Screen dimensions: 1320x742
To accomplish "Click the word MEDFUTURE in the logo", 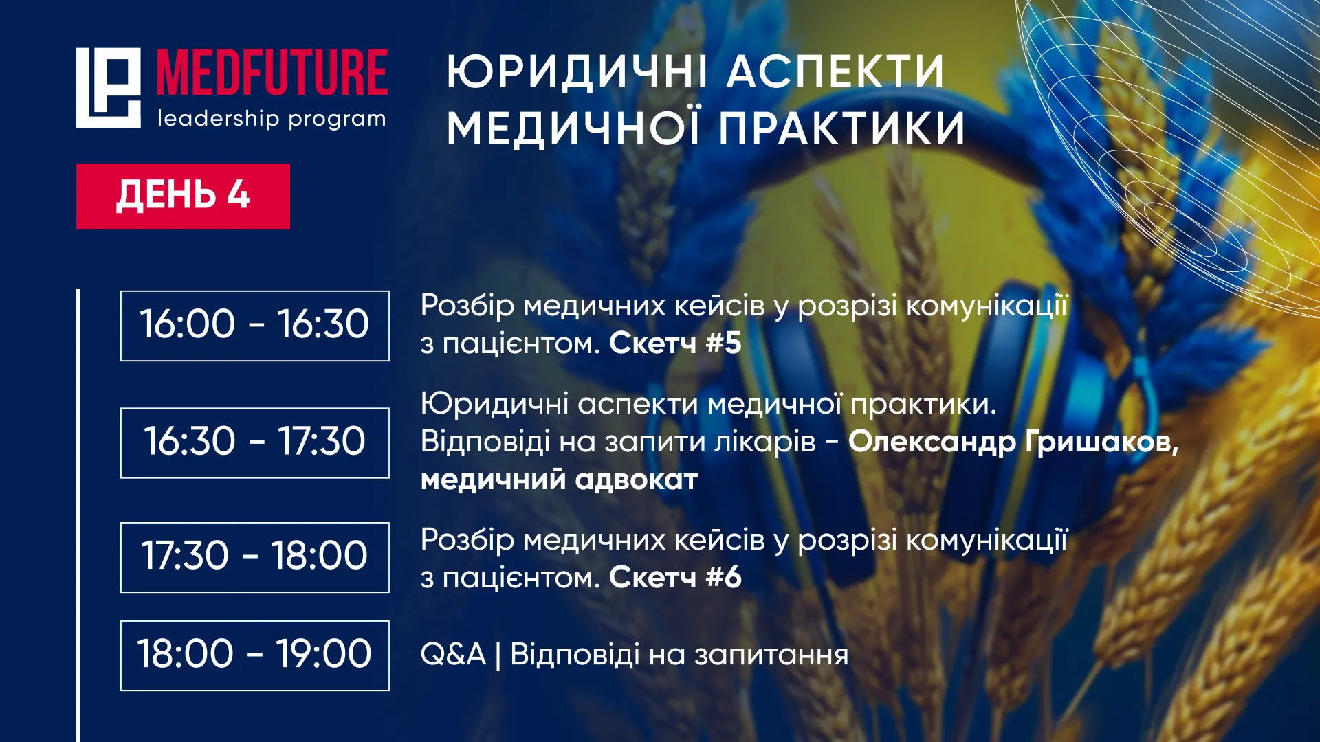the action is pos(272,72).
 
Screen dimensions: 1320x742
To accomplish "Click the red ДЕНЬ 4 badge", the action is pos(183,196).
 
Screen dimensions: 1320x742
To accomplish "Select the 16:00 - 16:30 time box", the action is pos(255,326).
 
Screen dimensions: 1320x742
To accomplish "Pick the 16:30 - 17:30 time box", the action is pos(255,442).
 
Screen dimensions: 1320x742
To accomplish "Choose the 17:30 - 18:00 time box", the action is pos(255,557).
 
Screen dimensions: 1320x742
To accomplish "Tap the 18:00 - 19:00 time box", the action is pos(255,655).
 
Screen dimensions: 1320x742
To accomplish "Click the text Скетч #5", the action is pos(675,343).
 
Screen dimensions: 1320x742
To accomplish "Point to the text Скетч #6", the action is pos(675,577).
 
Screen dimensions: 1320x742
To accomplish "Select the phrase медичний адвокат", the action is pos(559,480).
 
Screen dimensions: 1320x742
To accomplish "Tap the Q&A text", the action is pos(453,654).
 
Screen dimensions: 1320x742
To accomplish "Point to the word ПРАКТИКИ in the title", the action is pos(842,128).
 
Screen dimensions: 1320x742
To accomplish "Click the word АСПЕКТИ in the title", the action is pos(836,71).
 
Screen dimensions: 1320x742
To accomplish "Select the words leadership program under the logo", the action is pos(272,119).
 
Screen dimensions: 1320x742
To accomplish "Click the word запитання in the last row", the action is pos(771,655).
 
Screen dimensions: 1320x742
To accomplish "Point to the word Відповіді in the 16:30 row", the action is pos(485,442).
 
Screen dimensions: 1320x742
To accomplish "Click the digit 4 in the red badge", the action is pos(238,195).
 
